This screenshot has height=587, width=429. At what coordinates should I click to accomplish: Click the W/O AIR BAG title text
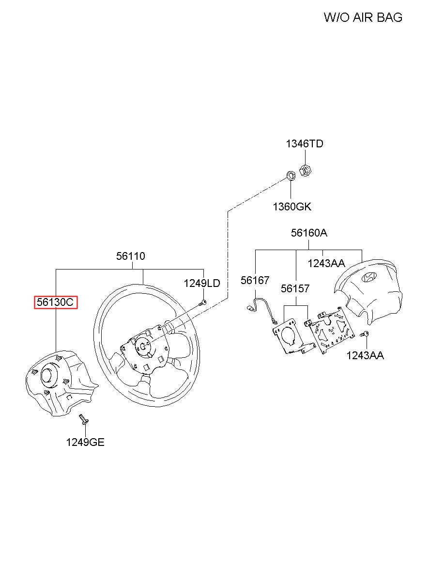363,18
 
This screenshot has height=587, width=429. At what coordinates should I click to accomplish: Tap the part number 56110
131,256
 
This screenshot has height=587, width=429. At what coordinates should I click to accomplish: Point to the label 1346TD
304,144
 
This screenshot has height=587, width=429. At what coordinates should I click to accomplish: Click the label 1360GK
291,207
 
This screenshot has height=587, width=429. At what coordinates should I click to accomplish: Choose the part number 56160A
309,233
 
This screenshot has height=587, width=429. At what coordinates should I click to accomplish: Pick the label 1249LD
202,283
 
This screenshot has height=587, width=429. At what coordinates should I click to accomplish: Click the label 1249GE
85,442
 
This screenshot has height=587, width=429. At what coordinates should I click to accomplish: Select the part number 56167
255,280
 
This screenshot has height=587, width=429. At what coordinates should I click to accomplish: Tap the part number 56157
295,288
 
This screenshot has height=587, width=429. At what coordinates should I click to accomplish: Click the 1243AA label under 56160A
326,263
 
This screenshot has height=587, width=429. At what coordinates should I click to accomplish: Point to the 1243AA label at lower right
365,356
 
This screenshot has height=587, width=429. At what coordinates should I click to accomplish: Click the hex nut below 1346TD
306,171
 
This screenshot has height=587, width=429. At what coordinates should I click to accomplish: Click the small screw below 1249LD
203,303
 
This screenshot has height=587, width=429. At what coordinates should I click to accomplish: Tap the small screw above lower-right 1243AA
366,334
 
